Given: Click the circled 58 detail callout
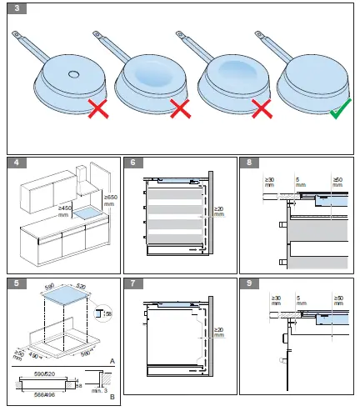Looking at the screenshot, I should coord(103,314).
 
